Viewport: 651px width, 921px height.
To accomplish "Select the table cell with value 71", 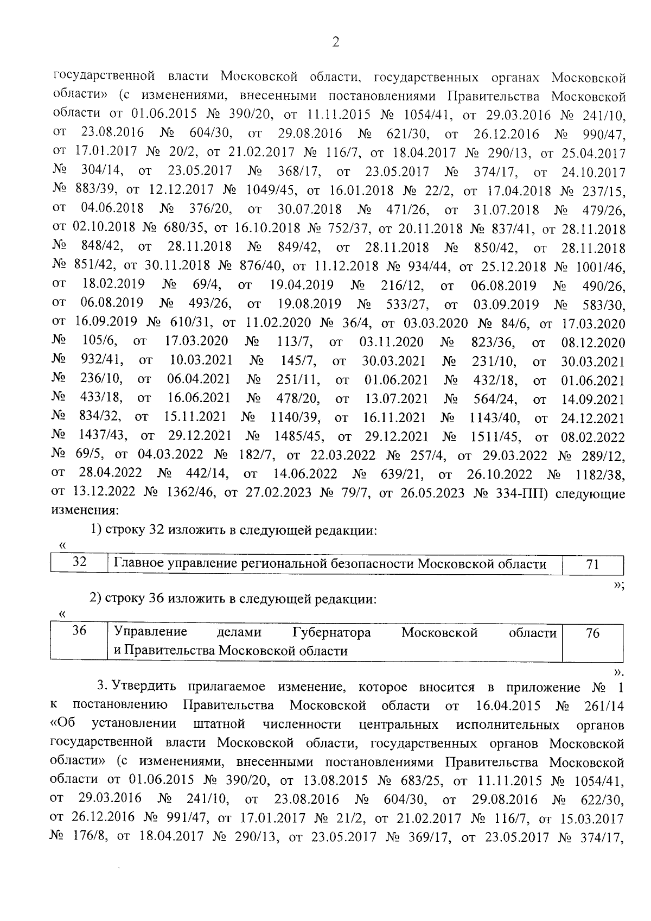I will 592,564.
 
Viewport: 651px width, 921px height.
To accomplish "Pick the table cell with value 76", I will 592,633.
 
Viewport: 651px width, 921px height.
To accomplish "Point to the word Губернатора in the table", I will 331,632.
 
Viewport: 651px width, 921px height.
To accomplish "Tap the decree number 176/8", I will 88,837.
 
